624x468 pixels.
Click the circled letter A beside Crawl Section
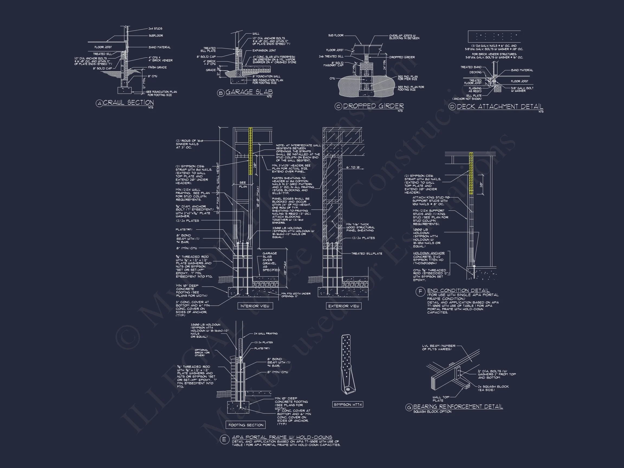[x=99, y=103]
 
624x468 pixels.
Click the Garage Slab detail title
[x=249, y=92]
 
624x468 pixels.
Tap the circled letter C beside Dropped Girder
[x=338, y=106]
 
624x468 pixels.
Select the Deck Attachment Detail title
[x=500, y=107]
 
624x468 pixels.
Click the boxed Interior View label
[x=255, y=306]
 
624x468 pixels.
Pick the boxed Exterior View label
[x=344, y=306]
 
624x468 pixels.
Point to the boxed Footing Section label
[x=246, y=425]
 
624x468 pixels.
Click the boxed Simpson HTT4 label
[x=347, y=405]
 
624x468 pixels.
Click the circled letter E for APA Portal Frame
[x=224, y=440]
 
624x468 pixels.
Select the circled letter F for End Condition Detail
[x=420, y=292]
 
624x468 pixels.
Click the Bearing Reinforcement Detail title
[x=458, y=407]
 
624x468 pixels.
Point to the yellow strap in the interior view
[x=250, y=151]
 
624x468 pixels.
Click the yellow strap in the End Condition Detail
[x=471, y=173]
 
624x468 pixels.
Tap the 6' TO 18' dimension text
[x=353, y=168]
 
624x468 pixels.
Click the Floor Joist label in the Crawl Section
[x=103, y=47]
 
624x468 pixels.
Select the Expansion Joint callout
[x=264, y=50]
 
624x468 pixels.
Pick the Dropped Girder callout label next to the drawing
[x=402, y=57]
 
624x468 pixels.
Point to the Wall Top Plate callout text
[x=441, y=399]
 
